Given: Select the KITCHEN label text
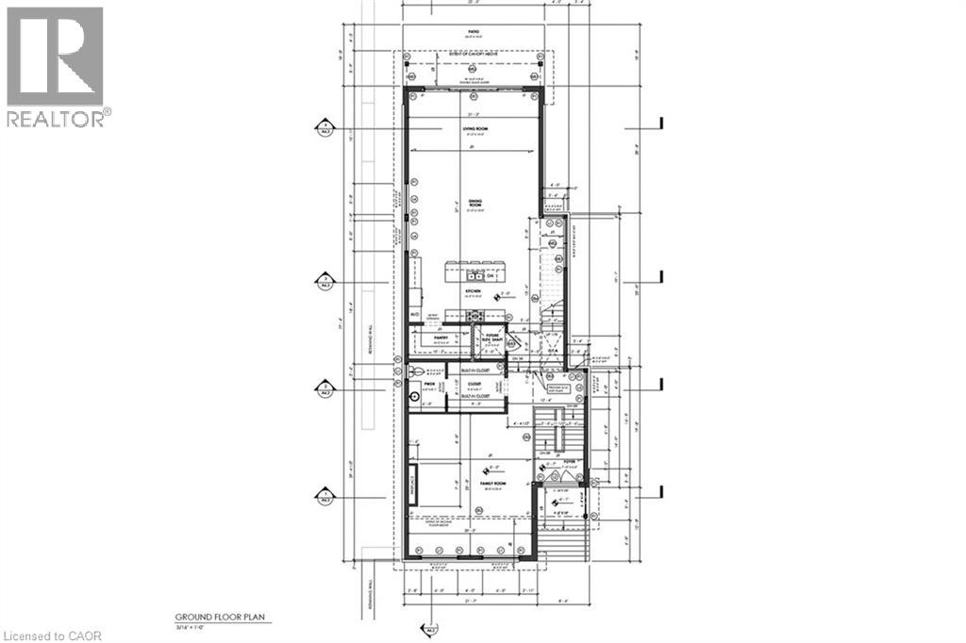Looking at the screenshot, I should pos(473,292).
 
